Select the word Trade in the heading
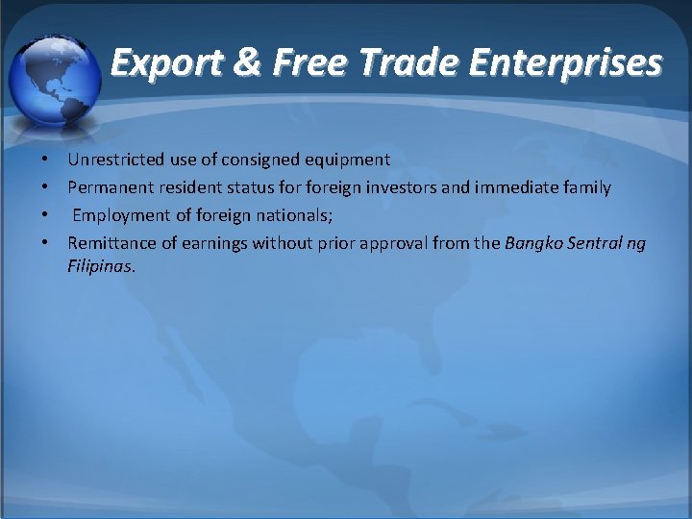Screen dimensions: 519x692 [410, 63]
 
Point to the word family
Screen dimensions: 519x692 [584, 187]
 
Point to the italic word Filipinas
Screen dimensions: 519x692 [101, 265]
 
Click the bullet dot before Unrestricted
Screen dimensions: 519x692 [45, 160]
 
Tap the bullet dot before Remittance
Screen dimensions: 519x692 [45, 244]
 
